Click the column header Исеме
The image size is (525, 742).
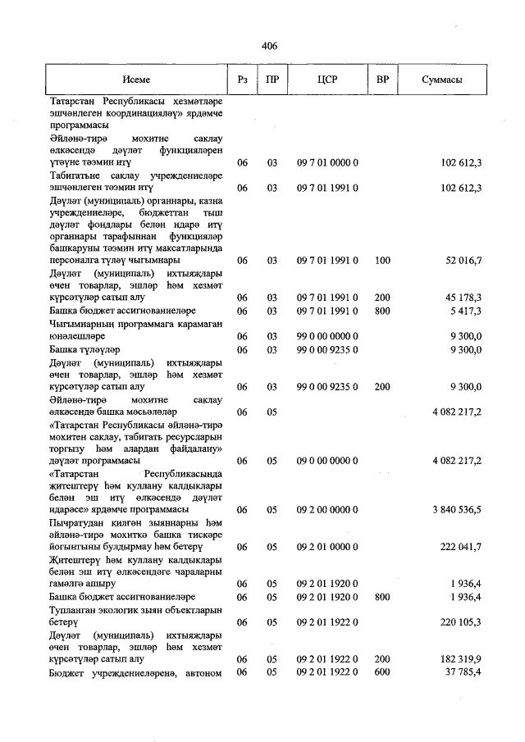tap(136, 80)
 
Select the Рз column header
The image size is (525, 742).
tap(241, 80)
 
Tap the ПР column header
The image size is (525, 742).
tap(272, 80)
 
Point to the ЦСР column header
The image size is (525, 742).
tap(327, 80)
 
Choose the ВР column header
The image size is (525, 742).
tap(381, 80)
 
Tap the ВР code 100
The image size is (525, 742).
tap(381, 260)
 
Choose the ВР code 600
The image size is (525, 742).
tap(381, 672)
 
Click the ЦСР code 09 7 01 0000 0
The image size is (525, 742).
tap(327, 163)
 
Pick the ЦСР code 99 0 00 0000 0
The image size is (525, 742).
tap(327, 335)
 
